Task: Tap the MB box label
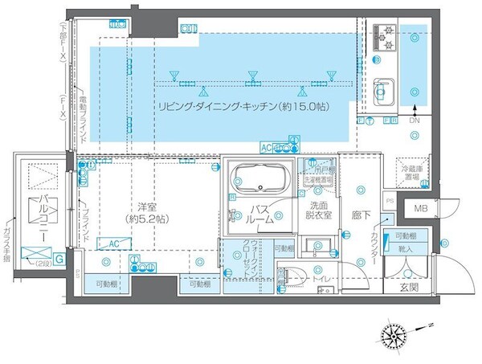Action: coord(420,210)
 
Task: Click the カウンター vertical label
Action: coord(374,249)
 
